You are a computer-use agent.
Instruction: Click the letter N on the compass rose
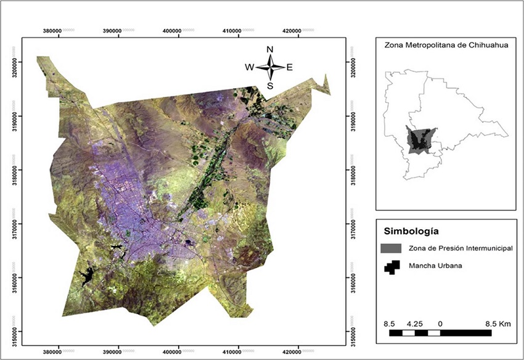tap(269, 49)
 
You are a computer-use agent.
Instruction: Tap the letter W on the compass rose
tap(250, 67)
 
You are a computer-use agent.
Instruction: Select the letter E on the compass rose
tap(289, 67)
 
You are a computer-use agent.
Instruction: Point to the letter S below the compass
tap(270, 86)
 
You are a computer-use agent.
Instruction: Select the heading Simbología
tap(411, 232)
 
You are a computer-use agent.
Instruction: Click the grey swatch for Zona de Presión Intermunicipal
tap(392, 248)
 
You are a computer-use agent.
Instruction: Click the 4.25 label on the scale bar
tap(414, 322)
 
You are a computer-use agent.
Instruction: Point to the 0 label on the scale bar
tap(440, 322)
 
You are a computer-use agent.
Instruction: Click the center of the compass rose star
tap(270, 67)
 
